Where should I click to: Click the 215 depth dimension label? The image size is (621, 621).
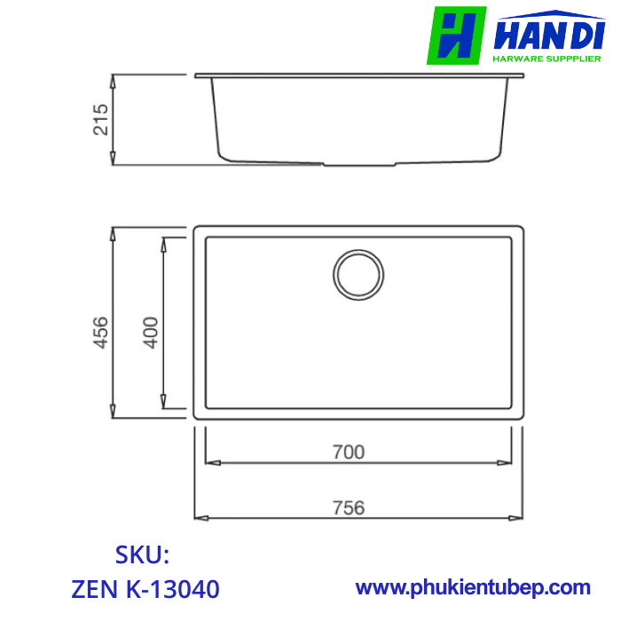(x=100, y=120)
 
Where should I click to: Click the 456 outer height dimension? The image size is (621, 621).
(x=100, y=332)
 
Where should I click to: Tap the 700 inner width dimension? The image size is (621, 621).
(x=350, y=452)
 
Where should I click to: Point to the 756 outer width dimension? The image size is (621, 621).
(x=350, y=507)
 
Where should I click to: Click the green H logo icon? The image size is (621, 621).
(x=456, y=35)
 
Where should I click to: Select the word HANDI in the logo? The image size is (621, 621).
(x=549, y=37)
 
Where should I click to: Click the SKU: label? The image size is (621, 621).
(x=142, y=555)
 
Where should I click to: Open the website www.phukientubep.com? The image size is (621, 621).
(x=473, y=587)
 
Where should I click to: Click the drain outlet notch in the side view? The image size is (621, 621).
(x=358, y=164)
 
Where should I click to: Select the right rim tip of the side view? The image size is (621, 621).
(x=520, y=76)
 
